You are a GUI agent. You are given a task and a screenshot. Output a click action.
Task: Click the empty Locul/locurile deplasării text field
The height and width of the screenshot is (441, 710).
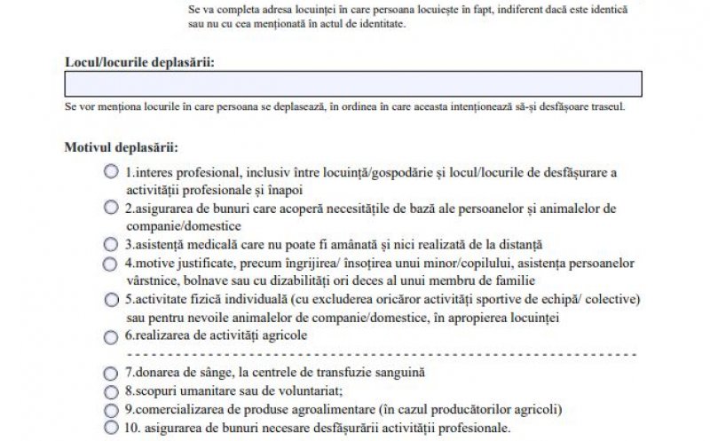click(x=353, y=83)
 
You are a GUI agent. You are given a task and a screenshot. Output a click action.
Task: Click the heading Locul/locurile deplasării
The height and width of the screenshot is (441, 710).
click(x=139, y=61)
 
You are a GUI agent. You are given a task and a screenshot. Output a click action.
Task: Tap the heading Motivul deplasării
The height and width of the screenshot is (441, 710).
click(x=121, y=147)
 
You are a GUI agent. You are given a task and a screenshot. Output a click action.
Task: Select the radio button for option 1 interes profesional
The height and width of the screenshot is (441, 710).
click(x=111, y=171)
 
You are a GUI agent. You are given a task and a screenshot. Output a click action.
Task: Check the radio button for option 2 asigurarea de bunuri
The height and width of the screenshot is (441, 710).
click(x=111, y=208)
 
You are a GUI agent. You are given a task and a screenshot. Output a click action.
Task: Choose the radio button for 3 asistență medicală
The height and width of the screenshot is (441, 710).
click(x=111, y=244)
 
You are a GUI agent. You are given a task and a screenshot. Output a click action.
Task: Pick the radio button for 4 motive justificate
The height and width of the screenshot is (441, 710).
click(x=111, y=264)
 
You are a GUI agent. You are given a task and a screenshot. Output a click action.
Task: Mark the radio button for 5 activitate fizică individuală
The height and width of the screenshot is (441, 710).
click(x=111, y=300)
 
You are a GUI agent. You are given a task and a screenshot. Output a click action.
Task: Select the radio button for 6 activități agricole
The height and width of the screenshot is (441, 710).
click(x=111, y=336)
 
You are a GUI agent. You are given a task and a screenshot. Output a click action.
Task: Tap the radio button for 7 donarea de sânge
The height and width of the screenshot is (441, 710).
click(x=111, y=373)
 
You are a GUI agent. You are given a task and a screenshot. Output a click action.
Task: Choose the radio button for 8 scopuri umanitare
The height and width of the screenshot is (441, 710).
click(x=111, y=391)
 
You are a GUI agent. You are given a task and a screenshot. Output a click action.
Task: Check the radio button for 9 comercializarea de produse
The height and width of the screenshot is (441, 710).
click(x=111, y=410)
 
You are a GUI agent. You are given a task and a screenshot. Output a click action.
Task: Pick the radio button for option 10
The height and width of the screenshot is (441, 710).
click(x=111, y=428)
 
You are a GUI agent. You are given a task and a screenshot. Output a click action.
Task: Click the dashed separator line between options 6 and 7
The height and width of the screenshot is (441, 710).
click(x=373, y=354)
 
